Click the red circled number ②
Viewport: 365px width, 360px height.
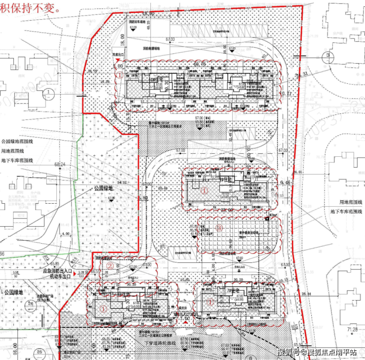[x=110, y=265]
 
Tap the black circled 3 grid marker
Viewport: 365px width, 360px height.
[x=328, y=56]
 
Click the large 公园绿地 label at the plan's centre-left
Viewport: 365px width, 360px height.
[x=104, y=188]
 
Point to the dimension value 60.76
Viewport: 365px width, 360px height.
[x=199, y=64]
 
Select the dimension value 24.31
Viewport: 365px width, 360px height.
[x=303, y=74]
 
